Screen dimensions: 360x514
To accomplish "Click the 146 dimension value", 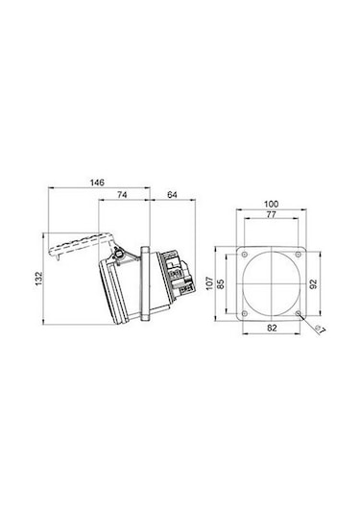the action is click(x=97, y=183).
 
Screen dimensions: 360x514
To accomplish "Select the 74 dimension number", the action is click(x=122, y=195).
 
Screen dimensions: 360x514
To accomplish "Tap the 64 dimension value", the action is click(x=172, y=195).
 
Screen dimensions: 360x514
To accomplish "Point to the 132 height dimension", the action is click(x=39, y=279).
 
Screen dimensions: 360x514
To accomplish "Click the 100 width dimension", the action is click(x=272, y=204).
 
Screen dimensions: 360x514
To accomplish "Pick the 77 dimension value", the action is click(x=271, y=214).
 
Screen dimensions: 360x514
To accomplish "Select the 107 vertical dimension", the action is click(x=209, y=283).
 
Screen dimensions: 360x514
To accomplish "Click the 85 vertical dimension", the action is click(x=221, y=283).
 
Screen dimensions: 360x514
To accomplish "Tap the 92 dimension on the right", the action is click(x=314, y=283).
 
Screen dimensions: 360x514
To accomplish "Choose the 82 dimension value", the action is click(x=272, y=328).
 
